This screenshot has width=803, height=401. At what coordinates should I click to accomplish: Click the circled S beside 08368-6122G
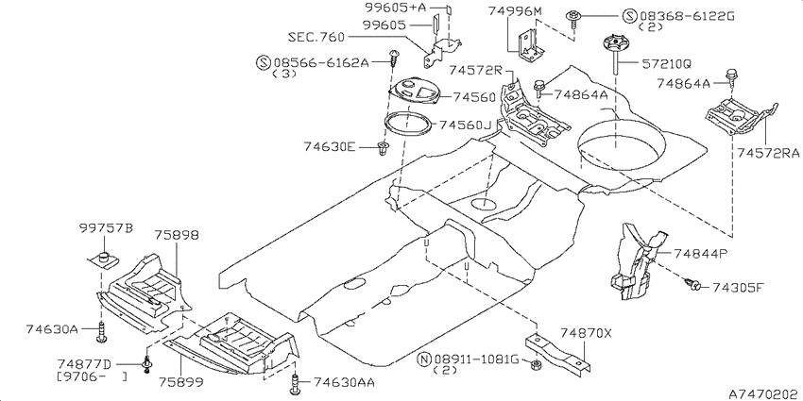click(630, 16)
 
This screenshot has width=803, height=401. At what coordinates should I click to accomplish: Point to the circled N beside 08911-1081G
click(424, 359)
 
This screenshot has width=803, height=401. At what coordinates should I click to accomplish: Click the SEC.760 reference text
click(316, 37)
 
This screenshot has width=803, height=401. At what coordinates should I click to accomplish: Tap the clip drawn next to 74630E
click(381, 149)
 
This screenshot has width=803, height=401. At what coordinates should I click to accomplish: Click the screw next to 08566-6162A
click(393, 58)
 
